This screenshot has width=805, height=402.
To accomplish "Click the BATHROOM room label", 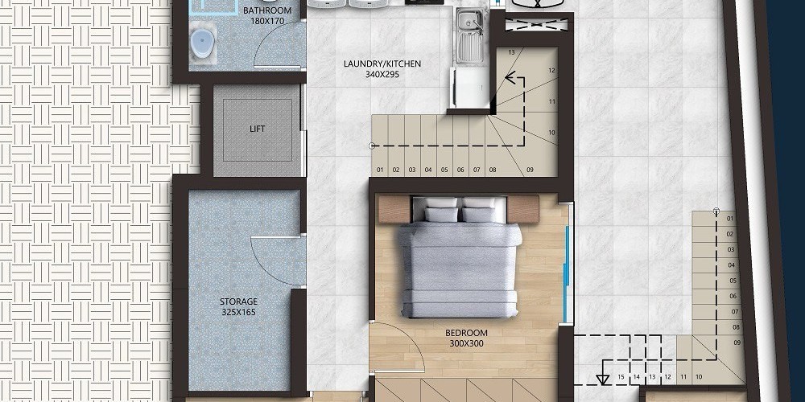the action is click(267, 10).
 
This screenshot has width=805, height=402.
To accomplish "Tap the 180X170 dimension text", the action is click(267, 21).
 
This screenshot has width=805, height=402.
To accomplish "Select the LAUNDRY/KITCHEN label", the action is click(382, 64).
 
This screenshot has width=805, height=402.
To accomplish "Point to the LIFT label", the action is click(258, 129).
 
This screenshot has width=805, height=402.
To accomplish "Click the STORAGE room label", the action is click(238, 301).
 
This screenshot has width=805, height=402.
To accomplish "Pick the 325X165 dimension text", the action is click(238, 312).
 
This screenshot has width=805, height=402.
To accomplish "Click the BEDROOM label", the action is click(467, 334).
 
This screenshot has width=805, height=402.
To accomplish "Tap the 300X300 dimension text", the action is click(467, 343).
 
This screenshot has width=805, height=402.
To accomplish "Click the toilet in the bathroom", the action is click(203, 43).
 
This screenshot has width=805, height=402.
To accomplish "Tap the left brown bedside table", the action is click(394, 209).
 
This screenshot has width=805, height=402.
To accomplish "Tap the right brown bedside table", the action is click(523, 209).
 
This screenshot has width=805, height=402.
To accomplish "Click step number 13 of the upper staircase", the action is click(511, 52).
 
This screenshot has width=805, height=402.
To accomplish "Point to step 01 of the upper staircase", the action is click(380, 170).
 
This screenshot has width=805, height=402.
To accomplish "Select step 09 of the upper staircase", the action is click(530, 170).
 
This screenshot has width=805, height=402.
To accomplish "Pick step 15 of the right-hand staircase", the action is click(621, 377).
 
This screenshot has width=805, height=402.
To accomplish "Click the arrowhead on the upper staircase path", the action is click(510, 78).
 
